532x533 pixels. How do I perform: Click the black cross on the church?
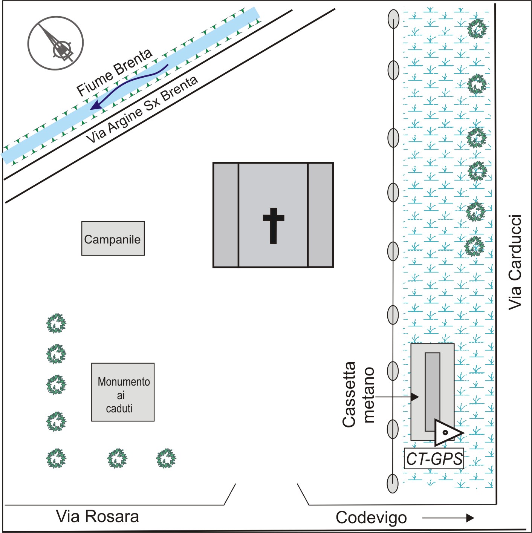tap(274, 225)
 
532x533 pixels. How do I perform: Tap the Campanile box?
tap(113, 239)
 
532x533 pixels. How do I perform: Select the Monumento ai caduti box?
tap(123, 392)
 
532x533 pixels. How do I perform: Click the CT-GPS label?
tap(434, 459)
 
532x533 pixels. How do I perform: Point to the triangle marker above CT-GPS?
tap(447, 432)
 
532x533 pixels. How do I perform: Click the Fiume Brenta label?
tap(114, 72)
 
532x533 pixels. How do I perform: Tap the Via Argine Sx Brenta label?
tap(142, 109)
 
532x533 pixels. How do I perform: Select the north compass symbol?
tap(55, 43)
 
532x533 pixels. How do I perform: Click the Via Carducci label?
tap(515, 262)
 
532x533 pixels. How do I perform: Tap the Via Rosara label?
tap(98, 516)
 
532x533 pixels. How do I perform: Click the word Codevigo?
tap(371, 518)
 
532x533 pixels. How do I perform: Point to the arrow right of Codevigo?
tap(448, 518)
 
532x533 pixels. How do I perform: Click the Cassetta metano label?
tap(358, 395)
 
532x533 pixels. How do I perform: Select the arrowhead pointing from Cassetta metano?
tap(414, 397)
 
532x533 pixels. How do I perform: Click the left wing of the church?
tap(226, 215)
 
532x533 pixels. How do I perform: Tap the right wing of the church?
tap(321, 215)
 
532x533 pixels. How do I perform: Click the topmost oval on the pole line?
tap(393, 19)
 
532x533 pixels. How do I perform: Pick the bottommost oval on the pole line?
tap(393, 483)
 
